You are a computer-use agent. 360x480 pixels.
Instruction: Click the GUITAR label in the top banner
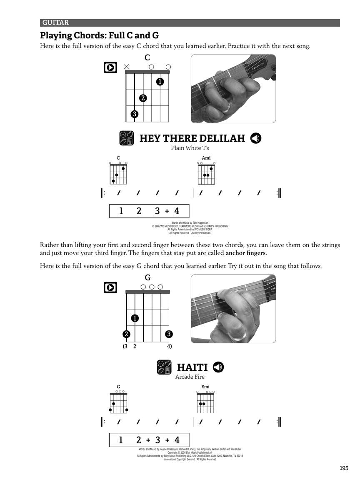55,23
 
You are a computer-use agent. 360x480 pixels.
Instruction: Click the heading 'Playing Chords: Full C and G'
99,35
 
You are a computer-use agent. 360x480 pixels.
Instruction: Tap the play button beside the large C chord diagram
110,67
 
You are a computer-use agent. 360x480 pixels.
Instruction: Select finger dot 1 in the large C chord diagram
160,82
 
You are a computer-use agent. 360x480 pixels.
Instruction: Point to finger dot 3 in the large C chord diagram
134,114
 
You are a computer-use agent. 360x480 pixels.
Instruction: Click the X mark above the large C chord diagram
126,67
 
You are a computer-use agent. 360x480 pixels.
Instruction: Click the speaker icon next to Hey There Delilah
256,138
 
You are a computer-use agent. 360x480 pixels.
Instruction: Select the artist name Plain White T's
190,148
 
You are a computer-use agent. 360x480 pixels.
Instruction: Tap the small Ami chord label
206,158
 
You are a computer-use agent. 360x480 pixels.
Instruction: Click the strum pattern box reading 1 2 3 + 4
149,211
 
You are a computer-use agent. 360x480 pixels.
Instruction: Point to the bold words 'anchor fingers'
245,253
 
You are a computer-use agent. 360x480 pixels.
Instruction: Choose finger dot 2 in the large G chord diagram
126,334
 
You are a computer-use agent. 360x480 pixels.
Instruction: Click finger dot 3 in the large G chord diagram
169,334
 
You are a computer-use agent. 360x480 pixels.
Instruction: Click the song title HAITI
192,367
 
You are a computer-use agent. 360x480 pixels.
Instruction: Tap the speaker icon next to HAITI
218,367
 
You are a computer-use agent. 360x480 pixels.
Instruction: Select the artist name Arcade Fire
190,377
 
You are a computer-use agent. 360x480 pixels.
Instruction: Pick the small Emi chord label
205,387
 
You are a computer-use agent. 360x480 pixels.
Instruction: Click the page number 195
343,468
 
